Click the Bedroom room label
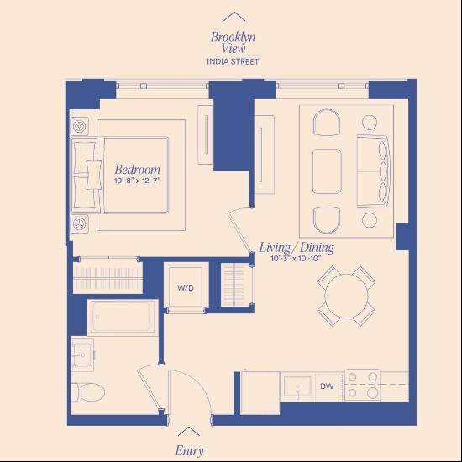click(x=138, y=169)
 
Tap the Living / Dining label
click(x=296, y=247)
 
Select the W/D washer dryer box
click(x=185, y=287)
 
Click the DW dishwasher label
click(x=328, y=387)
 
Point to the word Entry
click(x=189, y=450)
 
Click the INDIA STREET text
click(x=234, y=61)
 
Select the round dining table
click(x=346, y=296)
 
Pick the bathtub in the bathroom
click(x=122, y=317)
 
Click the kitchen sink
click(x=297, y=388)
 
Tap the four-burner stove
click(x=362, y=386)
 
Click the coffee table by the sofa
click(x=328, y=172)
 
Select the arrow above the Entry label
click(x=190, y=432)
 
